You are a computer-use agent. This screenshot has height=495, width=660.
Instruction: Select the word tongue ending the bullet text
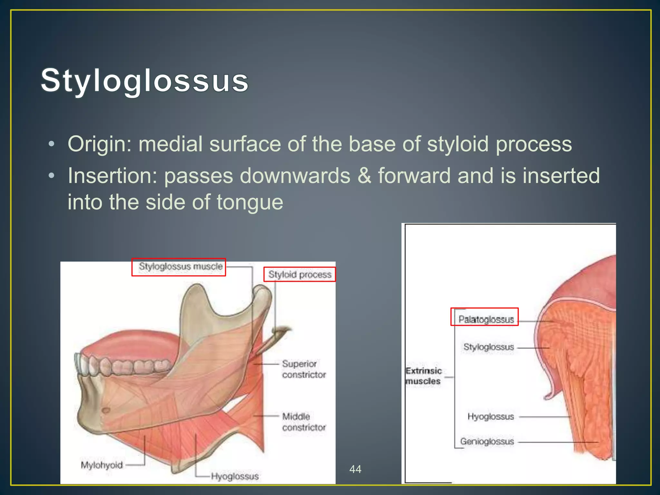click(250, 202)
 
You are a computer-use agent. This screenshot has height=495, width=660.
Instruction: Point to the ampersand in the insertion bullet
click(364, 176)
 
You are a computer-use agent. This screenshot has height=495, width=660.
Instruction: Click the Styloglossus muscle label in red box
click(180, 267)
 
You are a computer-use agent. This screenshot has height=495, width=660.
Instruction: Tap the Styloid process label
click(300, 275)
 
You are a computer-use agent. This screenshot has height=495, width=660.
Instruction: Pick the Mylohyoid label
click(102, 465)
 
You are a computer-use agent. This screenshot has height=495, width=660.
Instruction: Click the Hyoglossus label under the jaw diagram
click(235, 476)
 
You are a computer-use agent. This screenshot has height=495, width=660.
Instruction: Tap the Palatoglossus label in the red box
click(486, 319)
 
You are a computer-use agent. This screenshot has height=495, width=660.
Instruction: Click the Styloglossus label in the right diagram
click(489, 347)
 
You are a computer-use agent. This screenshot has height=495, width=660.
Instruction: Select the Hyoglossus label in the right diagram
click(490, 417)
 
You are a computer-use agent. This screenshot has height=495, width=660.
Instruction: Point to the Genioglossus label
click(487, 441)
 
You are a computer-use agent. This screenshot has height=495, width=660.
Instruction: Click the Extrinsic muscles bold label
click(423, 376)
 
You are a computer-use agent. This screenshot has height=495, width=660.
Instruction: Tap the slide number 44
click(355, 469)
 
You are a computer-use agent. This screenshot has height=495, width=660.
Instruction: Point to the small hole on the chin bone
click(106, 410)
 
